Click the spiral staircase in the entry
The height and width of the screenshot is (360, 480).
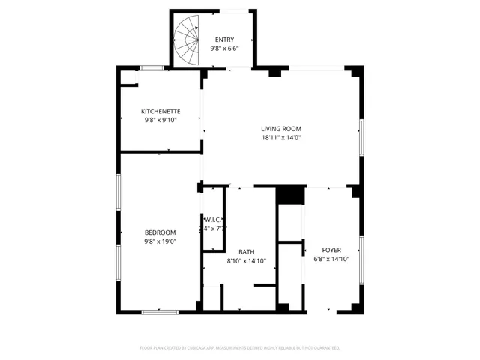point(187,40)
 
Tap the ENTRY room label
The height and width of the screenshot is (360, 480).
point(224,40)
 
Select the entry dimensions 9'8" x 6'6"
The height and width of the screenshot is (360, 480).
point(224,49)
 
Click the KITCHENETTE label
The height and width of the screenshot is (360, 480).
point(160,111)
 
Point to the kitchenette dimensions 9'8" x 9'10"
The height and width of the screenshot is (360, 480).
point(160,120)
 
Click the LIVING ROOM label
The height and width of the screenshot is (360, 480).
point(281,129)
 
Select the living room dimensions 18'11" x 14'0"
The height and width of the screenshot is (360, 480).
point(281,138)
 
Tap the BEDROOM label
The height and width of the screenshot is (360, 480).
point(160,232)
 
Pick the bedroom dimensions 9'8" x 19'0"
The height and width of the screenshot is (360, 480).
point(160,241)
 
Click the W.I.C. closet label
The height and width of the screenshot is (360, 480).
point(214,220)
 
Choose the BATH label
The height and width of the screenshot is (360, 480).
point(246,252)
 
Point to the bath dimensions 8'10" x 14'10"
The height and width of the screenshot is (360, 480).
point(246,261)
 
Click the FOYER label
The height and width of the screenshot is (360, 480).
point(331,250)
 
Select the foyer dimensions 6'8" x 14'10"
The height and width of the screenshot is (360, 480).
point(331,259)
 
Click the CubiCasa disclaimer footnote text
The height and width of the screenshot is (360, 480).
point(240,348)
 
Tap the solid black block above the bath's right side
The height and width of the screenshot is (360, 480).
point(290,194)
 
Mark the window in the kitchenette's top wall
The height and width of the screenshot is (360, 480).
point(153,68)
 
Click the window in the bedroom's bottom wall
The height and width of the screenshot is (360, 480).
point(160,311)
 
